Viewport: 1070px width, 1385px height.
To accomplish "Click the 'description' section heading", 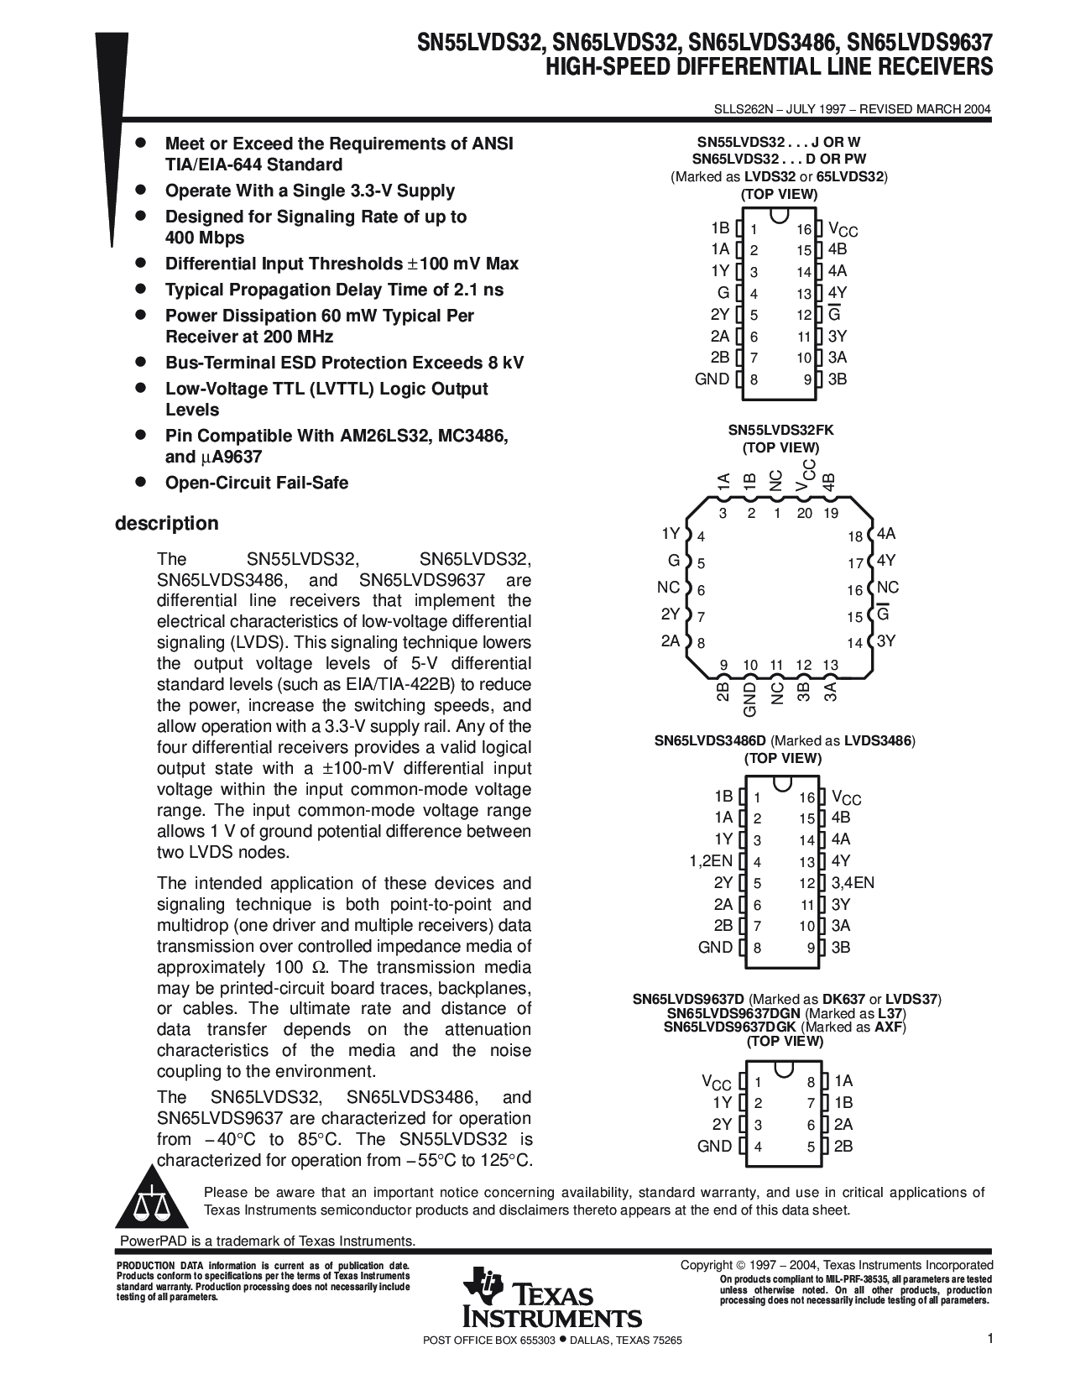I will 166,524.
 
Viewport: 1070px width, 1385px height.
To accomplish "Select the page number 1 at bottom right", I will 989,1340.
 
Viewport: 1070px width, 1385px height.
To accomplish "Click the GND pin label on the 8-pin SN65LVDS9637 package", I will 714,1147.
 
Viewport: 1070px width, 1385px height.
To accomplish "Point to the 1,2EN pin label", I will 711,860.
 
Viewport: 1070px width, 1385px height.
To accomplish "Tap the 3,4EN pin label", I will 853,882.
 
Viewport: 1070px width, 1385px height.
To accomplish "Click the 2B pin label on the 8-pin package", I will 843,1147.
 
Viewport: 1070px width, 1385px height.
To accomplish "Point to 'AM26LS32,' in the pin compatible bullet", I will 386,436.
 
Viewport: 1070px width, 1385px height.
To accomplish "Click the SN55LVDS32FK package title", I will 780,430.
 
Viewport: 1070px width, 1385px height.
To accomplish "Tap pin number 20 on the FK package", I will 804,514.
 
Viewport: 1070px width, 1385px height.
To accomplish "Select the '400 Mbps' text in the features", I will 205,238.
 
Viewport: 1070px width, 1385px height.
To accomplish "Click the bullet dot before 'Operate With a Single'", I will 142,190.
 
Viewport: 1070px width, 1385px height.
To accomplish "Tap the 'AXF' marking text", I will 889,1027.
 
